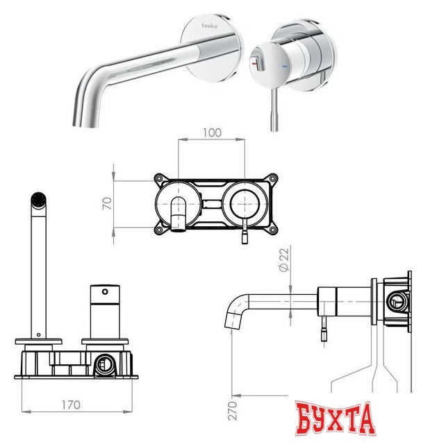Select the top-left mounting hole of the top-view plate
[x=160, y=178]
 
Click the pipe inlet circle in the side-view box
[x=396, y=302]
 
